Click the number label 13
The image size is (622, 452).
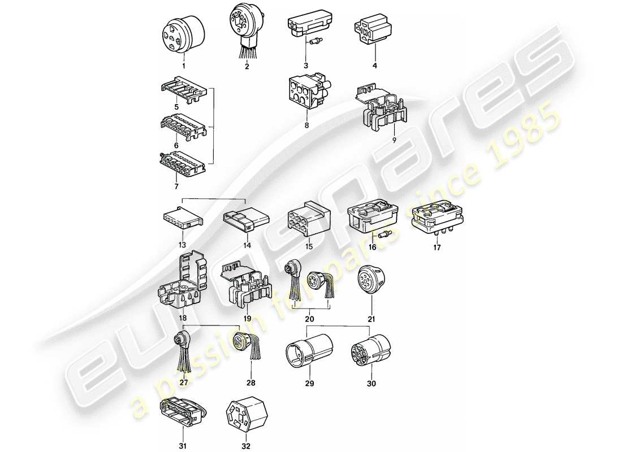pos(182,246)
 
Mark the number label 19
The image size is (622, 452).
pos(247,318)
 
